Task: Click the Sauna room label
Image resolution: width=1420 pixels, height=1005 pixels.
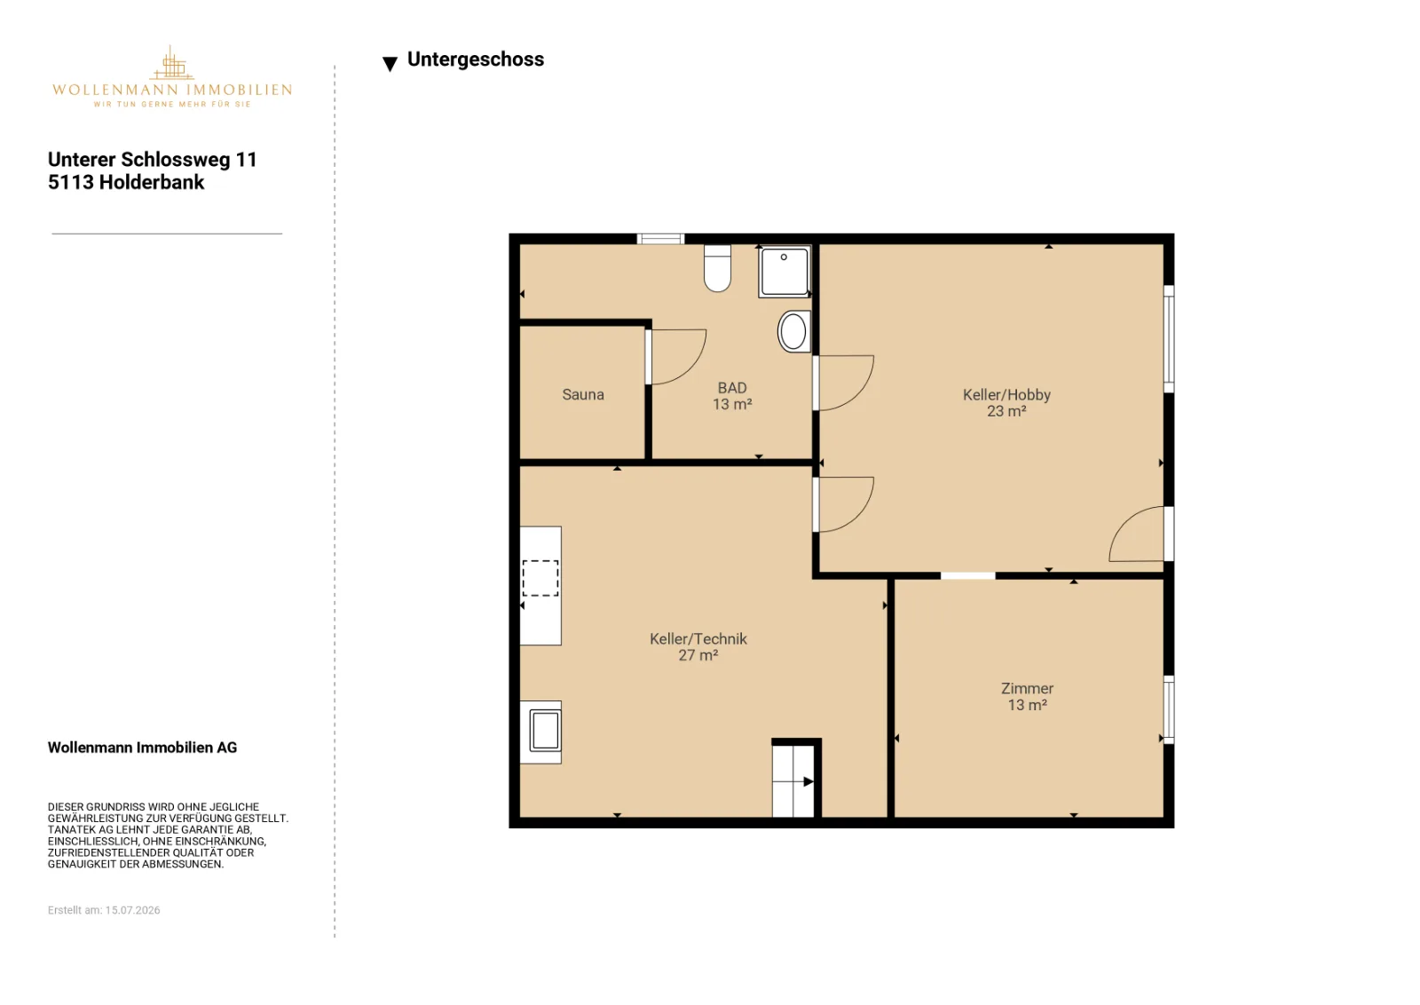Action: (x=582, y=394)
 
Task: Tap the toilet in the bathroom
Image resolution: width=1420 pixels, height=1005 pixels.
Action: (x=717, y=268)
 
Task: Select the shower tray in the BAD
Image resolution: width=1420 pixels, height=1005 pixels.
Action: (x=785, y=272)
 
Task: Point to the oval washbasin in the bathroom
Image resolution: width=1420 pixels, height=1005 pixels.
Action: (x=793, y=331)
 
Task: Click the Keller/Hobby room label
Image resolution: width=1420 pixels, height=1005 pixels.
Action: (x=1006, y=394)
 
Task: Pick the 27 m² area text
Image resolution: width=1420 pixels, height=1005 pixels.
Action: (x=698, y=655)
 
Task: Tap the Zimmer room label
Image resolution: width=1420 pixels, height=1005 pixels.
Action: (x=1027, y=688)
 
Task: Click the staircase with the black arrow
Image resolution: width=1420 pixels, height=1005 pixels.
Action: (x=793, y=781)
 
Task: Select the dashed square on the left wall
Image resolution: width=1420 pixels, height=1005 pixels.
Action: (x=540, y=578)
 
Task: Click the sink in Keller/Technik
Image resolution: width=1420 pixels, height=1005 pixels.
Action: (x=545, y=731)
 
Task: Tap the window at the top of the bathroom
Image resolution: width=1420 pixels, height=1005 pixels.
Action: (x=660, y=239)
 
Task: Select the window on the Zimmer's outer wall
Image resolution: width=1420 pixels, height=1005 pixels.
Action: (x=1169, y=709)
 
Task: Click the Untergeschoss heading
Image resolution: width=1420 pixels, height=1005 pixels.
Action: (x=476, y=59)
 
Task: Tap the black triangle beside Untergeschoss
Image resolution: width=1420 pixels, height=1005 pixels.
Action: (x=390, y=63)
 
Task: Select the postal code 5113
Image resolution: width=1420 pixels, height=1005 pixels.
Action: (x=70, y=182)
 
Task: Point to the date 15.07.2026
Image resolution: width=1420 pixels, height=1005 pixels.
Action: (x=132, y=910)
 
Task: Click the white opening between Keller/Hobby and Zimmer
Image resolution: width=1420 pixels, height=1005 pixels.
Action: (x=967, y=575)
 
